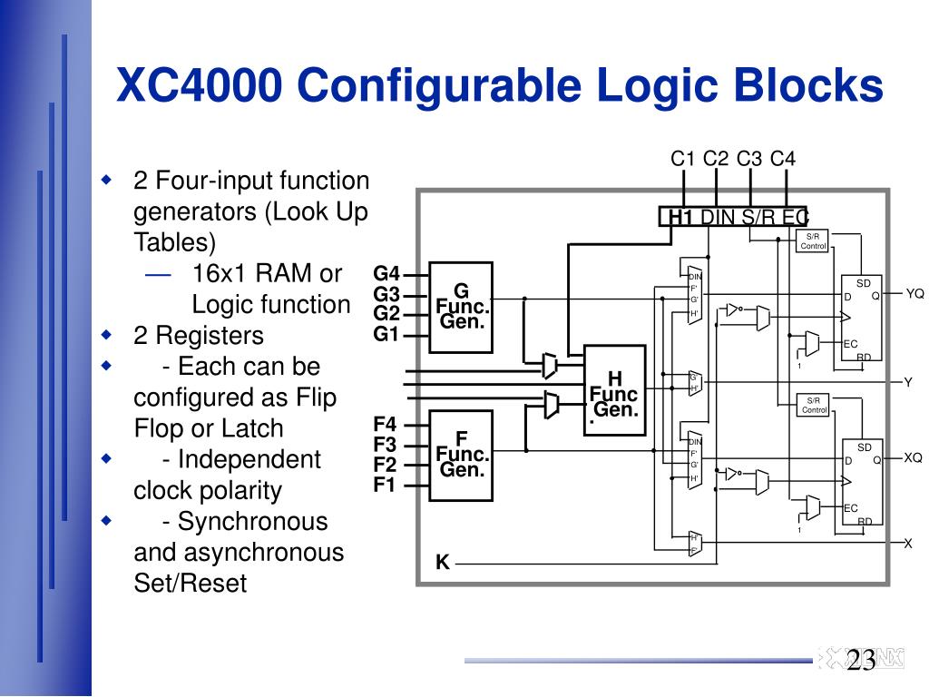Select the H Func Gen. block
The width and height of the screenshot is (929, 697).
pos(614,391)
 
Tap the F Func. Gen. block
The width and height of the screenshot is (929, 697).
pos(461,455)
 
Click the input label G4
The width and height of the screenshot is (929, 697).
pos(386,274)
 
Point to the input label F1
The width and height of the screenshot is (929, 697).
pos(385,485)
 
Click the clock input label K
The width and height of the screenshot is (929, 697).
pos(443,563)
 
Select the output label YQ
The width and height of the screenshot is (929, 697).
pos(914,293)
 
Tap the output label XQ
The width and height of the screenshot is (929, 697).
pos(913,457)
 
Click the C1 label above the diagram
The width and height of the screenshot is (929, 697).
pos(683,160)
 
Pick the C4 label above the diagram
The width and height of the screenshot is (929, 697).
pos(783,160)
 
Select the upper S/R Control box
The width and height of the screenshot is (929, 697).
pos(814,241)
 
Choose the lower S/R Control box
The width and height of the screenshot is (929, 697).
pos(814,406)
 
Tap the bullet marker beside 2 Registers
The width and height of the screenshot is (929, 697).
pos(106,334)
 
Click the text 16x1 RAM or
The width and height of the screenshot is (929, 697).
pos(267,274)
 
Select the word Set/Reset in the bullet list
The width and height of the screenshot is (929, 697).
pos(190,583)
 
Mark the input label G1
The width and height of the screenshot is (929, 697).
pos(386,334)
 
